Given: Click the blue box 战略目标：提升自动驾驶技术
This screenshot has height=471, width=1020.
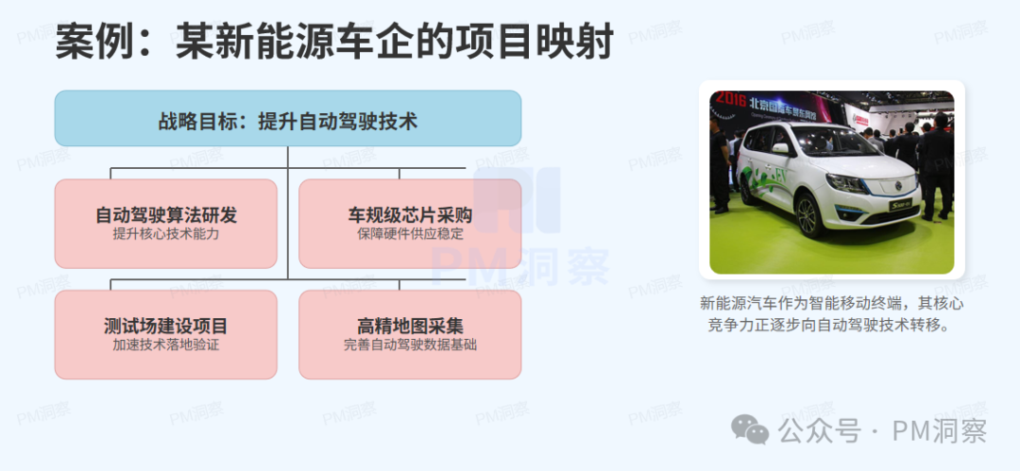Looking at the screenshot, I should point(287,120).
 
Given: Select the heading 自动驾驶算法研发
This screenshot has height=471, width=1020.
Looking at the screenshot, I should point(166,215).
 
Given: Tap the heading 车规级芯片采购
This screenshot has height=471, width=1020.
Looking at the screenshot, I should point(410,215).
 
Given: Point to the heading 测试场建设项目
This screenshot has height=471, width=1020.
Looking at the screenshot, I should point(166,326).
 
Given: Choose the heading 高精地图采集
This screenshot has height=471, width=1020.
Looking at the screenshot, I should point(410,326).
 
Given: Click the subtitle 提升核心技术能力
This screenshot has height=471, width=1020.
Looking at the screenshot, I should point(166,234).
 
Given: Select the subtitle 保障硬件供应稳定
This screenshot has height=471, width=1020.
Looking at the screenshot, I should point(410,234).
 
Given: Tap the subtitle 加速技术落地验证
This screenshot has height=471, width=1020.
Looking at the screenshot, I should point(166,345).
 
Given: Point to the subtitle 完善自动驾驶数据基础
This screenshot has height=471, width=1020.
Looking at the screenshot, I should point(410,345).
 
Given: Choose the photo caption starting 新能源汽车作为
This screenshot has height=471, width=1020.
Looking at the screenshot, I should point(831,314).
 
